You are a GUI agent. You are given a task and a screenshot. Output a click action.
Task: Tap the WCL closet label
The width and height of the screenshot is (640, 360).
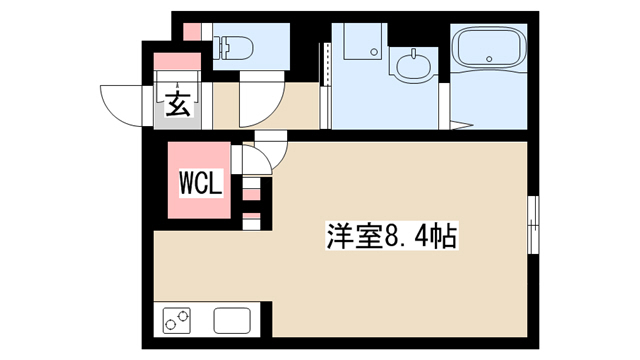[201, 183]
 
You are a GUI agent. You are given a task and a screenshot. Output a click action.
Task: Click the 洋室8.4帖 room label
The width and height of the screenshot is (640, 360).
[391, 236]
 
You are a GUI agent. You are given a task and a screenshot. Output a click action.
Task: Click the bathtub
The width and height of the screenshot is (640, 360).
[489, 47]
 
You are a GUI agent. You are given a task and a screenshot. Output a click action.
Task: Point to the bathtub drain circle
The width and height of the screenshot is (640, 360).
[489, 59]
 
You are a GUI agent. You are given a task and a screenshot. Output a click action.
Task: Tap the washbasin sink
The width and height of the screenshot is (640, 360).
[413, 65]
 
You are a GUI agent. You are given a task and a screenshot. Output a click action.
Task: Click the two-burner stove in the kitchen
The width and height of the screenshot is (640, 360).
[176, 320]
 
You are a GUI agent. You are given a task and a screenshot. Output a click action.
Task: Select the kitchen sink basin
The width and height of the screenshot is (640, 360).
[232, 320]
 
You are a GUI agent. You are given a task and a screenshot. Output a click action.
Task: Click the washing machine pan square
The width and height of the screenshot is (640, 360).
[363, 41]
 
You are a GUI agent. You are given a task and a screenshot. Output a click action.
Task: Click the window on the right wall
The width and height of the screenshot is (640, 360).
[533, 224]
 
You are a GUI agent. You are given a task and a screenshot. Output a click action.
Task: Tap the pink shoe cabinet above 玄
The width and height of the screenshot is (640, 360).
[178, 61]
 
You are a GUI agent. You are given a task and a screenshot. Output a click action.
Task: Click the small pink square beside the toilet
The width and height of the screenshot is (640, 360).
[192, 32]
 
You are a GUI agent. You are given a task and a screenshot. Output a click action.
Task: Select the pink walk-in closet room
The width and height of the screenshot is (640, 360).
[199, 180]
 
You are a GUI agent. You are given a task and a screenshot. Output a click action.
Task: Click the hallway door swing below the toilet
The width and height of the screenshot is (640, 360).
[262, 100]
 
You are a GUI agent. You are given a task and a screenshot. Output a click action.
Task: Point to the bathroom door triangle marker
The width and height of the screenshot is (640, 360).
[462, 125]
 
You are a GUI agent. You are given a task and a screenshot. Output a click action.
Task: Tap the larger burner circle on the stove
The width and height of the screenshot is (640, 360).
[183, 316]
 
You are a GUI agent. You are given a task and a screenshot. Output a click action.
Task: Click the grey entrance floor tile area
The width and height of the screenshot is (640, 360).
[178, 106]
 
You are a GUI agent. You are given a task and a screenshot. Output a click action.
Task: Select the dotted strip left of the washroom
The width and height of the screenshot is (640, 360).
[326, 64]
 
